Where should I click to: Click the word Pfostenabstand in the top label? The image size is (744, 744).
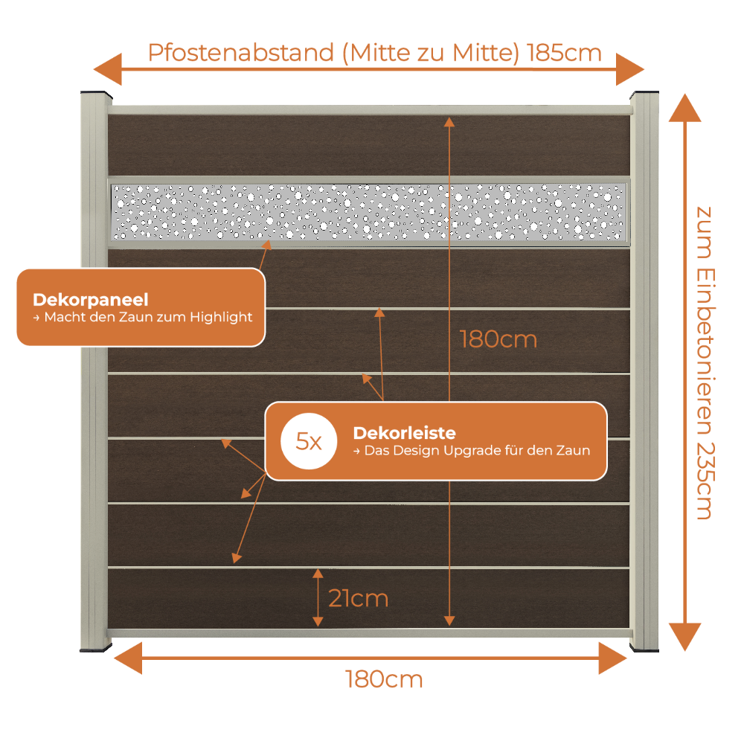(241, 53)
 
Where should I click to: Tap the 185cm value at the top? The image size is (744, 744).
(564, 53)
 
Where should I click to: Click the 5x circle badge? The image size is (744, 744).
(309, 441)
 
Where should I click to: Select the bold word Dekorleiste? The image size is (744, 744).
(404, 433)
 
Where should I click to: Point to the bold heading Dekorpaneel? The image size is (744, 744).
(91, 300)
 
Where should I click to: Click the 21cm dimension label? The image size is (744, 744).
(359, 598)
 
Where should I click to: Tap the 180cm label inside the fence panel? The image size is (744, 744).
(498, 340)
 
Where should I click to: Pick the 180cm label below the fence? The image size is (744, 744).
(384, 679)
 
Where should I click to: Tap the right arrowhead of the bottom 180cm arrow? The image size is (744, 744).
(613, 658)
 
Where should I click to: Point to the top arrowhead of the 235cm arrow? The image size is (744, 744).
(684, 108)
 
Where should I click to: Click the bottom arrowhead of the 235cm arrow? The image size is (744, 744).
(684, 637)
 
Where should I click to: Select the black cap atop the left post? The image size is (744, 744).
(96, 94)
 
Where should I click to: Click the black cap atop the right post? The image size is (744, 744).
(644, 94)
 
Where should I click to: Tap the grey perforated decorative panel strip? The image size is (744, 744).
(369, 212)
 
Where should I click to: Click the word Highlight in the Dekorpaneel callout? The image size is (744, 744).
(221, 317)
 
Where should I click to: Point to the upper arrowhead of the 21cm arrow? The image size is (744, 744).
(318, 574)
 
